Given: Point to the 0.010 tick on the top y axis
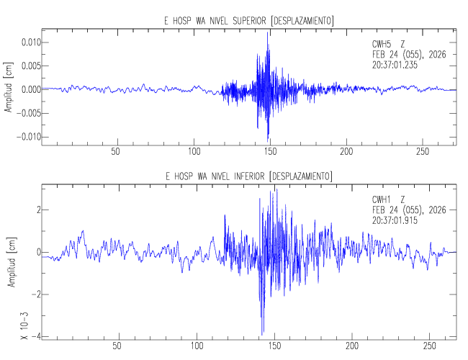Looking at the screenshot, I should click(x=30, y=42).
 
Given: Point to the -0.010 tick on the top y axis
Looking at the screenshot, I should click(x=27, y=137).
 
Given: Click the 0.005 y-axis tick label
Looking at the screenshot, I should click(x=30, y=66).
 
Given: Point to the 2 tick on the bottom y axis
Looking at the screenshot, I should click(x=35, y=210).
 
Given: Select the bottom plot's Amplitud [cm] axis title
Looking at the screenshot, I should click(x=9, y=264).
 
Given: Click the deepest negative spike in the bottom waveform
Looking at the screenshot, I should click(x=262, y=332).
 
